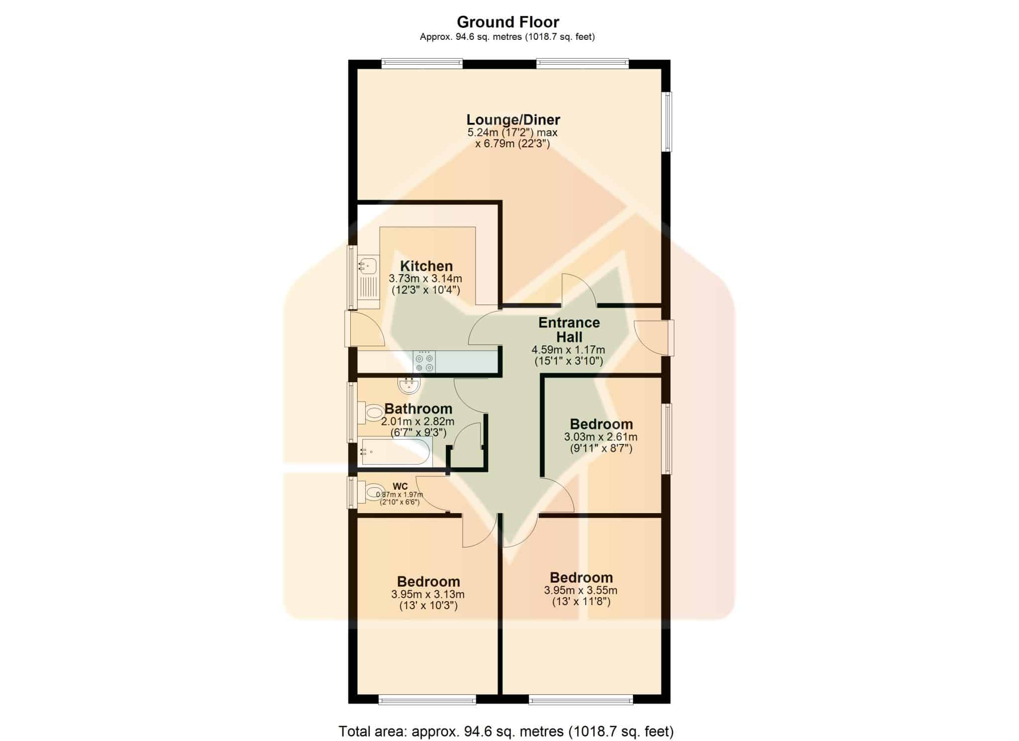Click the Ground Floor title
[x=508, y=22]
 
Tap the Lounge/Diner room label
[x=513, y=119]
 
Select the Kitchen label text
[x=426, y=266]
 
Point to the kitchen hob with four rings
[x=424, y=362]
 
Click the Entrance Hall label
[x=569, y=329]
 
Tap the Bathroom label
[x=418, y=409]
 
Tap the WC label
[x=400, y=486]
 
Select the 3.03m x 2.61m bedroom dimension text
[x=601, y=437]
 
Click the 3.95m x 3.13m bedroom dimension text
[x=428, y=594]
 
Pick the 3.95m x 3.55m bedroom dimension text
[x=581, y=591]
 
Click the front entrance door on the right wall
[x=654, y=338]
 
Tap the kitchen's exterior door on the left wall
[x=365, y=328]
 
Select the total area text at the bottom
[x=506, y=732]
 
